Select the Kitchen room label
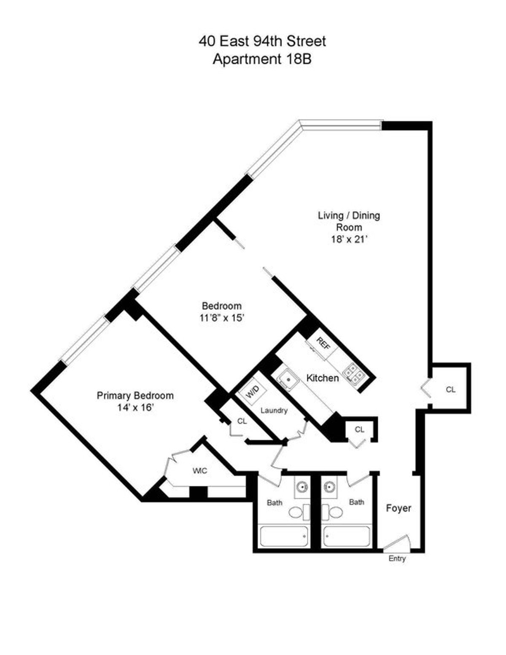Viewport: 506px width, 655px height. click(x=322, y=378)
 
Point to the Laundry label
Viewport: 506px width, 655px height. click(x=274, y=410)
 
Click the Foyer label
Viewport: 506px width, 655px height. click(x=398, y=508)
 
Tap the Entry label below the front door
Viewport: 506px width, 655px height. click(x=397, y=559)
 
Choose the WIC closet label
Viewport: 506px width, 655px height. click(x=200, y=471)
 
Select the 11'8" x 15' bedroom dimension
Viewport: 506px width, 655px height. click(x=222, y=318)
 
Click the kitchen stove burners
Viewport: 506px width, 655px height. click(x=352, y=373)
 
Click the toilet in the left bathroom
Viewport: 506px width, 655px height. click(x=296, y=513)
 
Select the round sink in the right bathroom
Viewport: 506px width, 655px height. click(x=328, y=487)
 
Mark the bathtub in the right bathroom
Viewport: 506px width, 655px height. click(x=347, y=536)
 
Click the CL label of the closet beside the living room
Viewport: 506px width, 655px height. click(x=450, y=390)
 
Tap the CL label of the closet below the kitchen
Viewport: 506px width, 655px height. click(x=359, y=430)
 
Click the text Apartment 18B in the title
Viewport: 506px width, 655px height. click(x=262, y=59)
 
